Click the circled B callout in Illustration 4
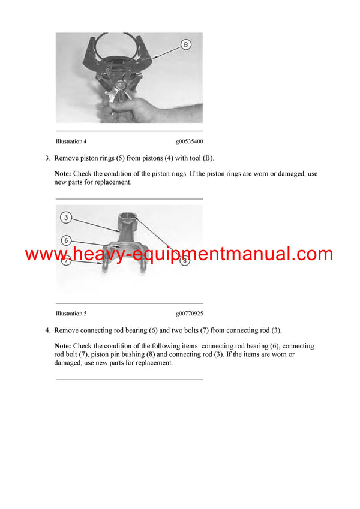pos(185,44)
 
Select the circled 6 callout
pos(67,240)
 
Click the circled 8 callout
pos(185,261)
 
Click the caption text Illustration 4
pos(71,141)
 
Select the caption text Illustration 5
pos(71,313)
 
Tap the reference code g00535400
pos(189,142)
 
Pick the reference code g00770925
pos(189,313)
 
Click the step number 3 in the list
pos(47,158)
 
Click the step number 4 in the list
pos(47,330)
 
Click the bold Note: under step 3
pos(63,174)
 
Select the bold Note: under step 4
pos(63,346)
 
